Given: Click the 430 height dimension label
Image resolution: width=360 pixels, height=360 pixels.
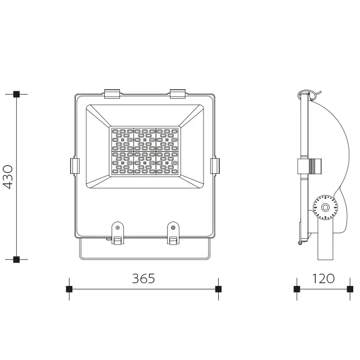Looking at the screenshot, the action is point(8,177).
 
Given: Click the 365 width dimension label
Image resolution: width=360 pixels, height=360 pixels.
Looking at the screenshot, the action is point(144,279).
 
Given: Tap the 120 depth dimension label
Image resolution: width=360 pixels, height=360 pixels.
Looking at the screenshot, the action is point(323,279).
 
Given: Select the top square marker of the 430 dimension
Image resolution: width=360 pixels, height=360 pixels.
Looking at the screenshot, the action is point(16,94).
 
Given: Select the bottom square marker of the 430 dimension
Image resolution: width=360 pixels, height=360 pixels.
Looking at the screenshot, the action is point(16,260).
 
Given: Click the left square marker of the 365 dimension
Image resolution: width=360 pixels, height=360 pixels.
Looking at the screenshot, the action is point(69,289).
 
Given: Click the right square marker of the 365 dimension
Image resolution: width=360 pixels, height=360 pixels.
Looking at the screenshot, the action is point(218,289).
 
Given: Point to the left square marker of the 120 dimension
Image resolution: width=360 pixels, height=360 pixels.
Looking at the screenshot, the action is point(297,289).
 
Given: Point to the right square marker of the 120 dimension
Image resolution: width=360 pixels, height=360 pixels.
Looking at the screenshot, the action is point(350,289).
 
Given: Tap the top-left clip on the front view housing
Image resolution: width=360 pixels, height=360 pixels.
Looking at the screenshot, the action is point(112,94).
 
